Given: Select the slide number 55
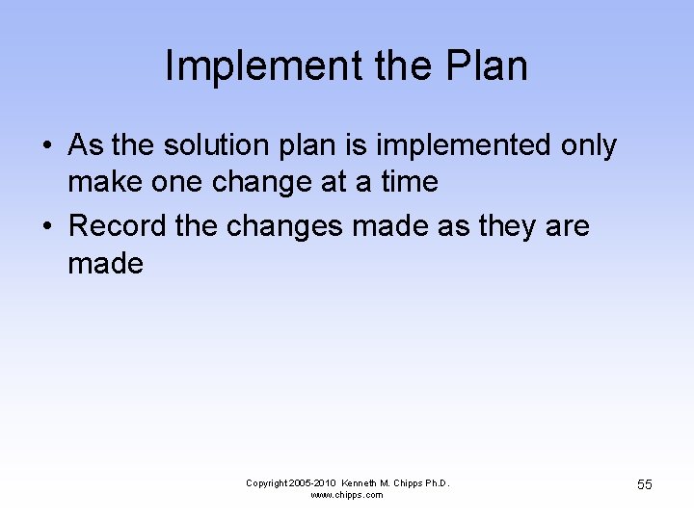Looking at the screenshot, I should (x=644, y=484).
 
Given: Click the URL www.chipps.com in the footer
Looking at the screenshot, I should (x=347, y=495).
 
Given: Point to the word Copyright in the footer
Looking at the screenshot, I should (x=266, y=482).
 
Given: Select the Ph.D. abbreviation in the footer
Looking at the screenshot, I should (x=435, y=482).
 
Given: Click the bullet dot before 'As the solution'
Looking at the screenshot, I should (x=47, y=146).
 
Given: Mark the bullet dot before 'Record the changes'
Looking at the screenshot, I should (x=47, y=227).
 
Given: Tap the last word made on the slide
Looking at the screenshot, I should (x=105, y=263).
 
